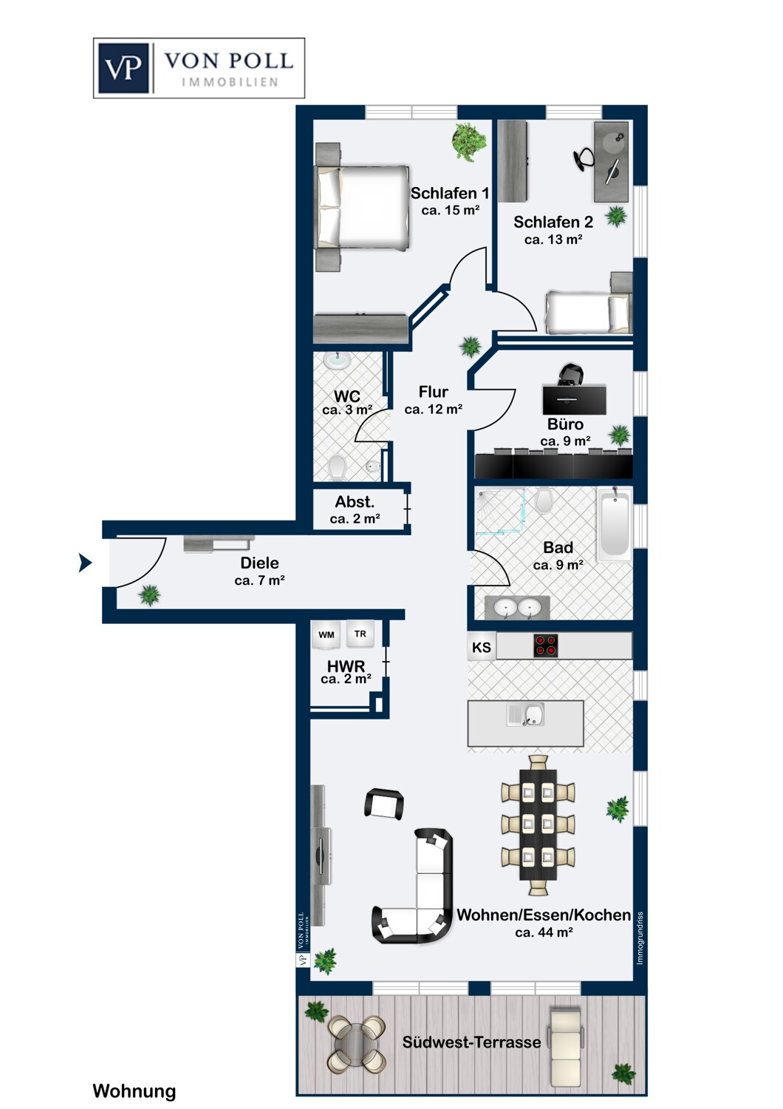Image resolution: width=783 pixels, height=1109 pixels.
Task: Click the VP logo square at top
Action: click(123, 68)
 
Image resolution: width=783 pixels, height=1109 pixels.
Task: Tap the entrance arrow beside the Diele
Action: click(85, 563)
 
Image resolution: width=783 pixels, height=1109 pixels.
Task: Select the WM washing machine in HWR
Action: click(326, 634)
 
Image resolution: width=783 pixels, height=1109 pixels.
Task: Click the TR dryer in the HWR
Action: click(360, 634)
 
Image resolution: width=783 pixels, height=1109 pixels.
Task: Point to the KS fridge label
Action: click(482, 647)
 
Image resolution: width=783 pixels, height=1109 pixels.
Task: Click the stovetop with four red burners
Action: click(546, 645)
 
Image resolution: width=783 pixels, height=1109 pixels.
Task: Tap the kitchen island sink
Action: click(525, 714)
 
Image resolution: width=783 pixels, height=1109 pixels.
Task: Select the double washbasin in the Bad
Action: click(517, 608)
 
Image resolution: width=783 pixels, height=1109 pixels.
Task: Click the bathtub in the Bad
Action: click(615, 525)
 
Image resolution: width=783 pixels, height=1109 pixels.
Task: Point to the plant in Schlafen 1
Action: click(468, 142)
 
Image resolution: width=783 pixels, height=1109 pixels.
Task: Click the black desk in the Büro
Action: click(574, 399)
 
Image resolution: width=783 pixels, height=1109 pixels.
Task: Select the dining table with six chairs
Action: click(538, 825)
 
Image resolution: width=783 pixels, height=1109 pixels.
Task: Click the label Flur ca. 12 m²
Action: click(434, 400)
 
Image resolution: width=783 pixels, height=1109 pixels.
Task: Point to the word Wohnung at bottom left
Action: click(134, 1091)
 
